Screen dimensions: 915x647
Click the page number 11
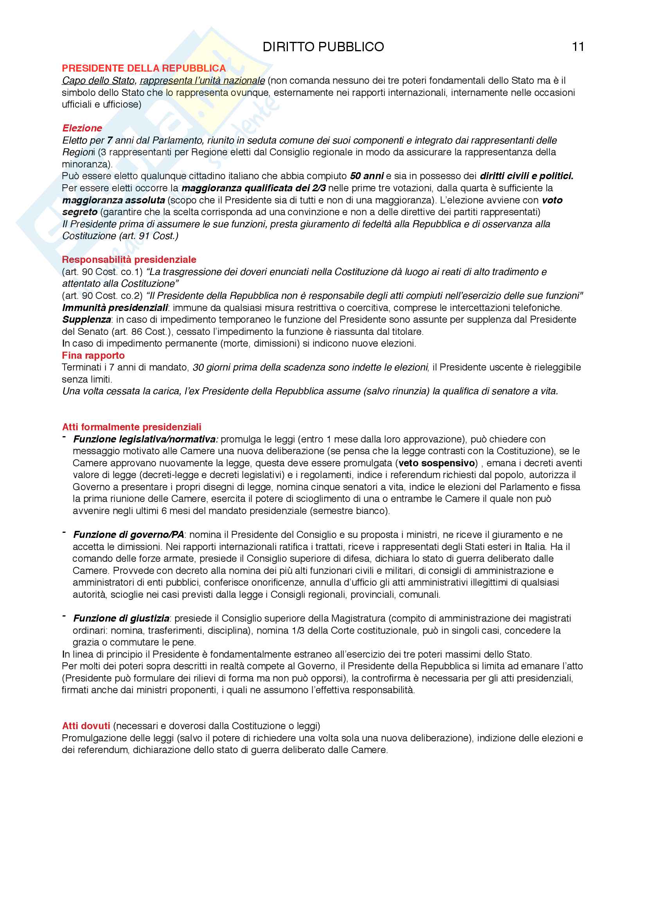pos(578,47)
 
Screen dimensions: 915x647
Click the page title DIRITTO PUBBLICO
pos(323,47)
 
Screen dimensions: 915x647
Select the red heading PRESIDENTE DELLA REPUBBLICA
pos(144,68)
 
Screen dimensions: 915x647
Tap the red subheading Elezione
pos(82,128)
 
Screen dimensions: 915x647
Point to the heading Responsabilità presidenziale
pos(129,259)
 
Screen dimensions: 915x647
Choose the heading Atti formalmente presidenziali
pos(131,427)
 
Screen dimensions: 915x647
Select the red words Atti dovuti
pos(86,726)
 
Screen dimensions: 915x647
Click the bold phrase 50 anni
pos(367,176)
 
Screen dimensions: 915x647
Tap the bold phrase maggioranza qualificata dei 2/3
pos(254,188)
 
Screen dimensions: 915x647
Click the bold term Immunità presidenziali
pos(115,307)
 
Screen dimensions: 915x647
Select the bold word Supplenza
pos(86,320)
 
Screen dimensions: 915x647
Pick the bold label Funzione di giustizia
pos(121,618)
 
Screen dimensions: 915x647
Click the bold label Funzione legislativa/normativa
pos(146,439)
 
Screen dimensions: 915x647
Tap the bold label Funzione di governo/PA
pos(128,534)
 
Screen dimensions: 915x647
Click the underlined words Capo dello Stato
pos(99,81)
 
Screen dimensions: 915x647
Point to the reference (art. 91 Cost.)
pos(149,236)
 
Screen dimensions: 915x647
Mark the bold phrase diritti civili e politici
pos(526,176)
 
